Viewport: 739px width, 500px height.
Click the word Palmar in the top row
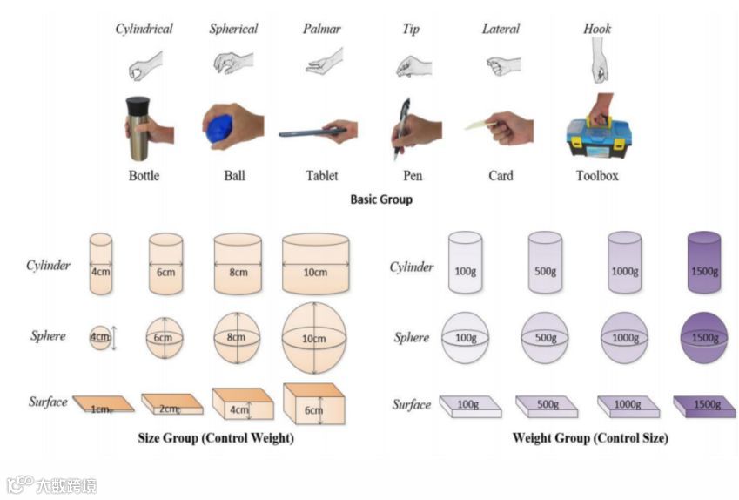[x=321, y=29]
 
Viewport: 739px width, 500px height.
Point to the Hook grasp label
[x=596, y=29]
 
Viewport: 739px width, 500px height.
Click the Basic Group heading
[x=380, y=199]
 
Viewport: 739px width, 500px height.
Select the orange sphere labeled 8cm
[x=237, y=337]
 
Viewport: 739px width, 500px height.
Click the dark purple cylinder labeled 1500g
[x=704, y=261]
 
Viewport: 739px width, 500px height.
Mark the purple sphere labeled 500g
[x=544, y=337]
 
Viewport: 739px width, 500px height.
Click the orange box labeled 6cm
[x=312, y=404]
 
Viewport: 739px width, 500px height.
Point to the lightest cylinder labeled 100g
[x=464, y=261]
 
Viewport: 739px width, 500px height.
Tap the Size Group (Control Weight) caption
[x=216, y=438]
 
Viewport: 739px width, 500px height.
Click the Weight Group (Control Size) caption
[x=590, y=438]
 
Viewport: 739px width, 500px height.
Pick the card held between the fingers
[x=478, y=125]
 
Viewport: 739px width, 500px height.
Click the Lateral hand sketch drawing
[x=502, y=64]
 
